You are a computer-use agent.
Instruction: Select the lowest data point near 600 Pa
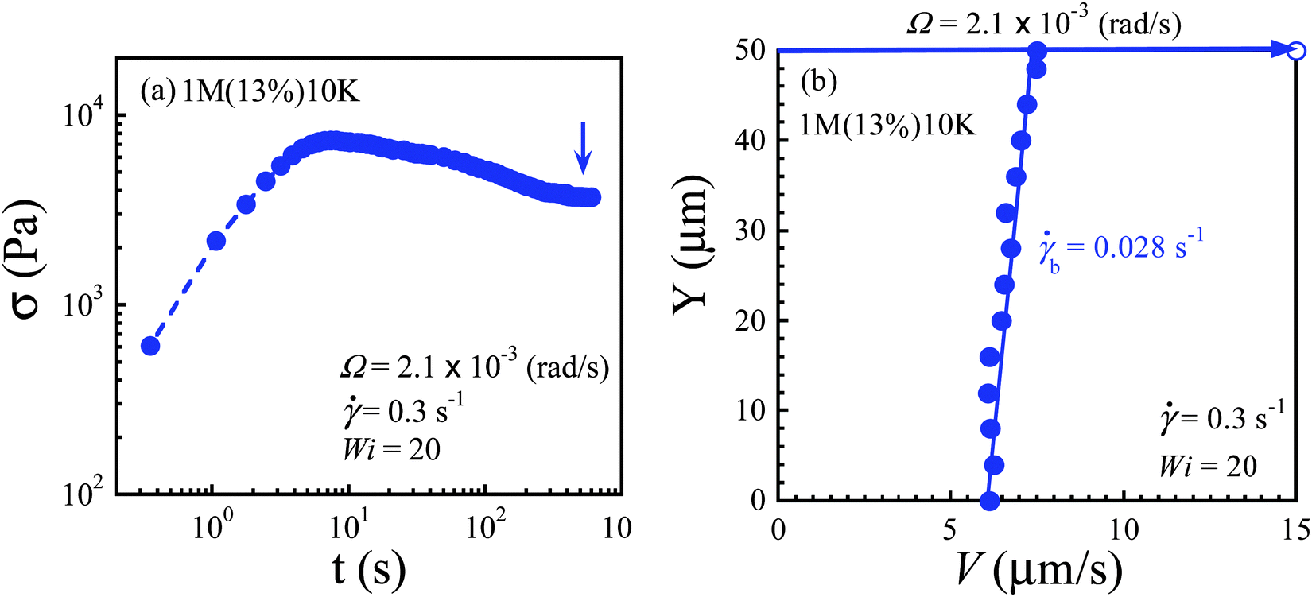[x=150, y=346]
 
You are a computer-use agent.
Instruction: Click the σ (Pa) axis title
[x=29, y=261]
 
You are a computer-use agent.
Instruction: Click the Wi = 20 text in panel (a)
[x=391, y=450]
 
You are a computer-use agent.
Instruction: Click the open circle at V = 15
[x=1296, y=51]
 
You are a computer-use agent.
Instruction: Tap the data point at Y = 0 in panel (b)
[x=989, y=501]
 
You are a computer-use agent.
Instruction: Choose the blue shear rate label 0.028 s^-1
[x=1121, y=248]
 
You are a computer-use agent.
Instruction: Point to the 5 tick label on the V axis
[x=951, y=529]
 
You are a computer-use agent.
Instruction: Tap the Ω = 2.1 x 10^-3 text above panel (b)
[x=1044, y=24]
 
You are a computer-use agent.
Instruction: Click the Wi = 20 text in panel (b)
[x=1208, y=466]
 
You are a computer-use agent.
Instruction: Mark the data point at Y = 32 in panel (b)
[x=1006, y=212]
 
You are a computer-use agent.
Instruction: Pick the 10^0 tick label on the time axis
[x=212, y=528]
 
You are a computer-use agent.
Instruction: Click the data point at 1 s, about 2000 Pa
[x=215, y=241]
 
